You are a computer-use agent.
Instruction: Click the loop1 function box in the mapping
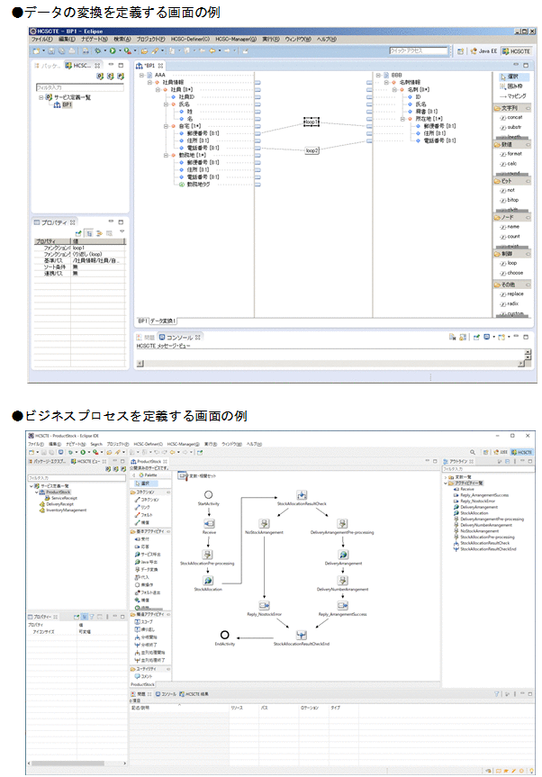click(312, 122)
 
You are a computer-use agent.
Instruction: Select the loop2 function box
click(312, 151)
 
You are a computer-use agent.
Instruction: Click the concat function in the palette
click(513, 118)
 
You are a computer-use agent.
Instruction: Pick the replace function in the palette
click(514, 294)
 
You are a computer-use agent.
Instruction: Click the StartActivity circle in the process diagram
click(208, 495)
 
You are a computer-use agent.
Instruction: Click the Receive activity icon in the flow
click(209, 522)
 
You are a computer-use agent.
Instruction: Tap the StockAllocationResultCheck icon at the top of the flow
click(303, 494)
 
